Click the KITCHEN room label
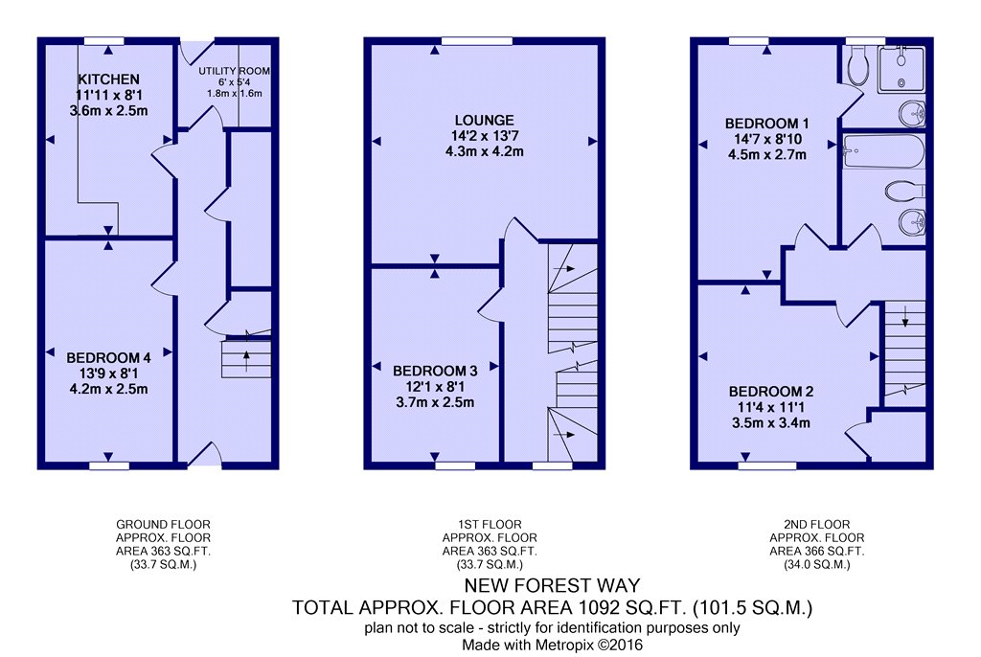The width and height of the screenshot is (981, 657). [109, 79]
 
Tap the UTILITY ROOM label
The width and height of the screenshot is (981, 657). [234, 71]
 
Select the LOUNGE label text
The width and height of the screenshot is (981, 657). [484, 121]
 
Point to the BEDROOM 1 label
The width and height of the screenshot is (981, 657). [766, 124]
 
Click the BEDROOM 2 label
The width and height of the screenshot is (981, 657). [771, 392]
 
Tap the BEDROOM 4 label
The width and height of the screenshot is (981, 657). [108, 358]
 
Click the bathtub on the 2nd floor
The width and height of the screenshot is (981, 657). [882, 150]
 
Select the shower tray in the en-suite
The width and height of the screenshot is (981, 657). [901, 68]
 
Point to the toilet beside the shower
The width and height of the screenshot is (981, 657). [857, 66]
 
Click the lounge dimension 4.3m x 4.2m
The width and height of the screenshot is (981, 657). [484, 151]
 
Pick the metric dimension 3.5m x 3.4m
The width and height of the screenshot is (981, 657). [771, 422]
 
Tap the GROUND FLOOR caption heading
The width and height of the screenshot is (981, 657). [163, 525]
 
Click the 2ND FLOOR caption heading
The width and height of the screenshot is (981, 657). [817, 525]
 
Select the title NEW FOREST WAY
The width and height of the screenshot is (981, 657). [552, 585]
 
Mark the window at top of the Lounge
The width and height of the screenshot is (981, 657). [476, 40]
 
